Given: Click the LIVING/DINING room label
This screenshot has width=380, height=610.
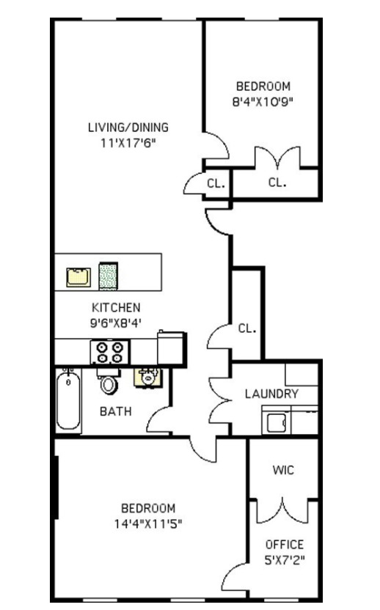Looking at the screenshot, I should [x=128, y=127].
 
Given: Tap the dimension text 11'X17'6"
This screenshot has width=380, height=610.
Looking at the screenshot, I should [x=128, y=142].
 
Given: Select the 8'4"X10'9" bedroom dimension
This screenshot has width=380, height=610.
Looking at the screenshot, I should [x=263, y=102].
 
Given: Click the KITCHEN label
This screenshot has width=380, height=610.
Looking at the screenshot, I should [x=116, y=307].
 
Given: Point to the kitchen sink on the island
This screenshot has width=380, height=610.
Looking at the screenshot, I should [x=78, y=277].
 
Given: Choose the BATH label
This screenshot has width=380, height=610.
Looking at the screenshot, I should [x=116, y=411].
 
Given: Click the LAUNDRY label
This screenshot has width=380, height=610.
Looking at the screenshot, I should [x=271, y=394].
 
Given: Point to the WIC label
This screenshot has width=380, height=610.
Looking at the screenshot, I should [x=283, y=470].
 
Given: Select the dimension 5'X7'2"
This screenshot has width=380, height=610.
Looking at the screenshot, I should [x=285, y=561].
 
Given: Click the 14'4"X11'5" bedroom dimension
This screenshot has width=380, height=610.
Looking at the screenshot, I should [x=148, y=523].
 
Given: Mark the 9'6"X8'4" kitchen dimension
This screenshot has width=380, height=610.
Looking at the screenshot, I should [x=116, y=323].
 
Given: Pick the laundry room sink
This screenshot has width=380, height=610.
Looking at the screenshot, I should [x=277, y=423].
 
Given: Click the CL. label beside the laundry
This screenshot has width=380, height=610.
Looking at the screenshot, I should [x=247, y=328].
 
